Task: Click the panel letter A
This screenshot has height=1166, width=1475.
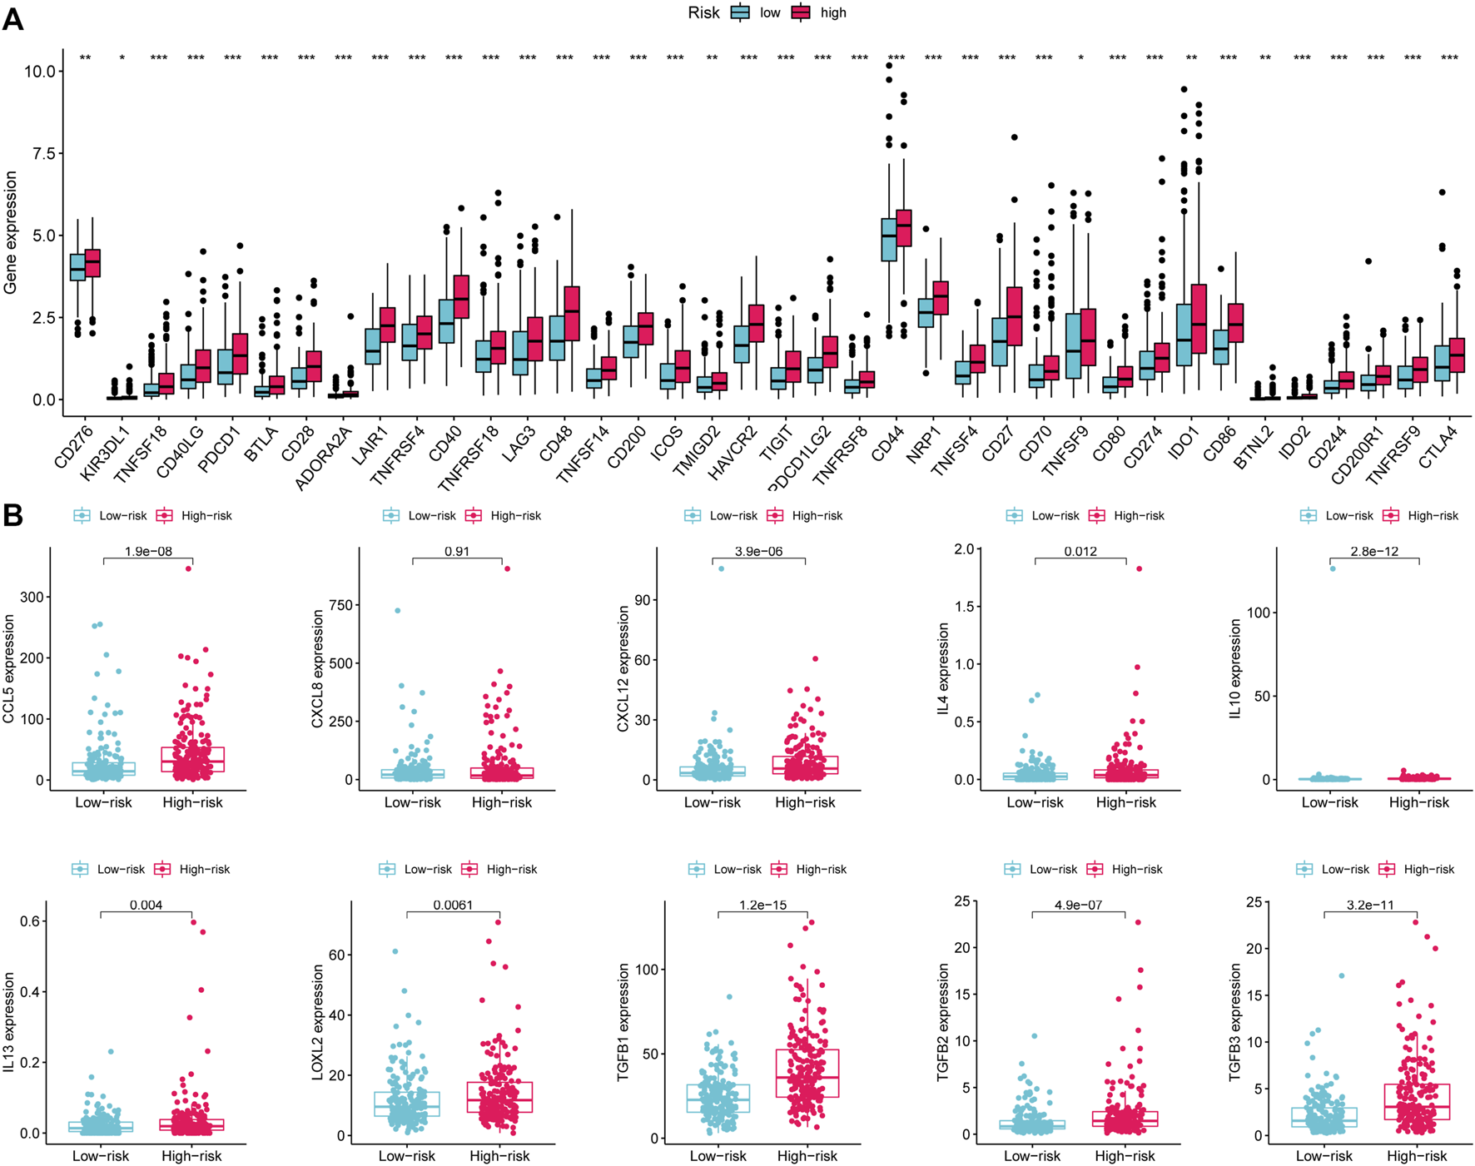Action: [x=12, y=17]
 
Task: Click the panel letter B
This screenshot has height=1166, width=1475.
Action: [x=12, y=515]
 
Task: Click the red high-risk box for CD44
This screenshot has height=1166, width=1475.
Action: [x=903, y=228]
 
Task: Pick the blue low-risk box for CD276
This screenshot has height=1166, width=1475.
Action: [x=77, y=267]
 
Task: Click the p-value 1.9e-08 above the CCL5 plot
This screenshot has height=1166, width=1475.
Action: [x=148, y=551]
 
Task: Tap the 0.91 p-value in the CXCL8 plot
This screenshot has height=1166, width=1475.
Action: [x=457, y=551]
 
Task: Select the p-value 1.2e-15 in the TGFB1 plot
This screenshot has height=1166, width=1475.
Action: [x=762, y=905]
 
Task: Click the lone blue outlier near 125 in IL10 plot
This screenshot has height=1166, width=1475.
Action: [x=1333, y=568]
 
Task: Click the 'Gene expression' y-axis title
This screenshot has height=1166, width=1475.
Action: [x=11, y=232]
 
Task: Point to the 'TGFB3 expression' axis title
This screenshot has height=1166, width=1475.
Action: [x=1236, y=1023]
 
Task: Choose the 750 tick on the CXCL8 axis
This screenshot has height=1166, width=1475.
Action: [x=342, y=605]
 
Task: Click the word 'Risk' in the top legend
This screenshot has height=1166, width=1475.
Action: [x=703, y=12]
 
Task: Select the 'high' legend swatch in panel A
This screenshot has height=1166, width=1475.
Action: [x=801, y=12]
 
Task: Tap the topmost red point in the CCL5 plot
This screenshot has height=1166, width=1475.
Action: [x=189, y=568]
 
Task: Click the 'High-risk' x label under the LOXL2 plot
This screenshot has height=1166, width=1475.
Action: [x=499, y=1156]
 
